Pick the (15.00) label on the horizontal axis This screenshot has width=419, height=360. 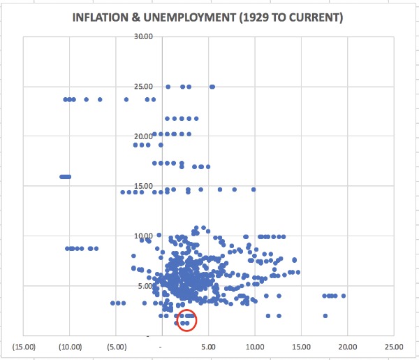(24, 346)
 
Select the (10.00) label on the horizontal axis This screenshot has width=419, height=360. (71, 346)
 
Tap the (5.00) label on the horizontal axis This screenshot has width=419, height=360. (117, 346)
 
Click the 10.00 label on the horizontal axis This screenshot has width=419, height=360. (255, 346)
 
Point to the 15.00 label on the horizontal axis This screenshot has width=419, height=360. (301, 346)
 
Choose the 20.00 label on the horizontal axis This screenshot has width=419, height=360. (347, 346)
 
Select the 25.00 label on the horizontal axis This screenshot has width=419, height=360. (393, 346)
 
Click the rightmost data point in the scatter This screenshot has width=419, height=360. (344, 296)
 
